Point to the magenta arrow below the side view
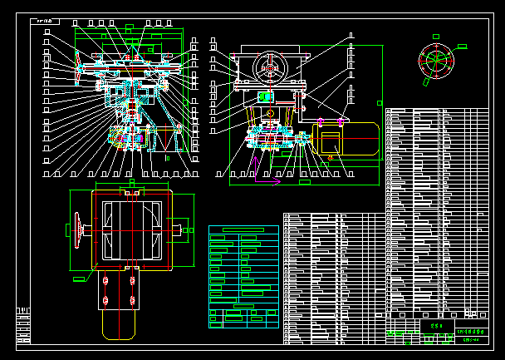pyautogui.click(x=267, y=180)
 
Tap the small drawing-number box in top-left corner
pyautogui.click(x=44, y=22)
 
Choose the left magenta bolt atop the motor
pyautogui.click(x=320, y=122)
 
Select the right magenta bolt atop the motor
pyautogui.click(x=341, y=122)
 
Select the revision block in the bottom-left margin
pyautogui.click(x=23, y=324)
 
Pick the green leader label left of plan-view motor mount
pyautogui.click(x=79, y=279)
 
